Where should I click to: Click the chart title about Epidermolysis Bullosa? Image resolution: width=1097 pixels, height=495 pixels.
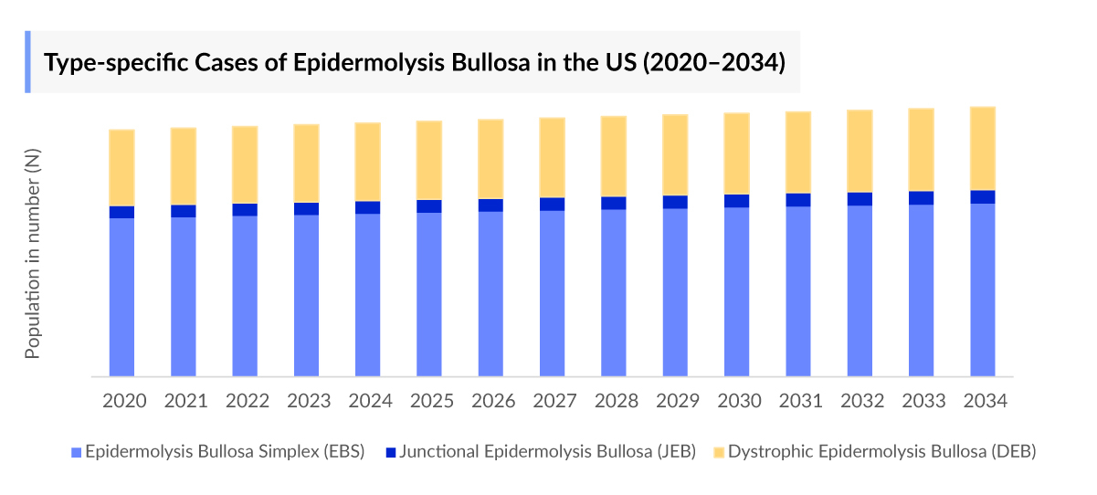415,62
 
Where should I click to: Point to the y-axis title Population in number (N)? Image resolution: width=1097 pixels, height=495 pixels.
33,256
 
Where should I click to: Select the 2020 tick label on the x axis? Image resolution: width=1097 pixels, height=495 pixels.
122,402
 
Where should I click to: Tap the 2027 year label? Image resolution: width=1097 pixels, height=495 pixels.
553,402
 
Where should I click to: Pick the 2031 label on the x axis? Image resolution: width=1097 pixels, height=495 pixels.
798,402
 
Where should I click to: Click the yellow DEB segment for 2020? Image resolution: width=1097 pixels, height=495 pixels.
122,168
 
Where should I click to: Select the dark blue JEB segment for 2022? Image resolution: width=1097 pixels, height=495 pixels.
245,209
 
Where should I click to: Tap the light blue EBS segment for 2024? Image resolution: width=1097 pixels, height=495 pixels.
368,294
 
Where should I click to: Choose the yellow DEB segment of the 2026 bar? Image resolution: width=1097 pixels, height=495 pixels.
490,159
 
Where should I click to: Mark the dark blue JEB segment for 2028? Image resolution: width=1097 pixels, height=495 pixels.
614,203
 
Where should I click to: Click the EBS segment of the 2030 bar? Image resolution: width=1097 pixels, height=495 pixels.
737,291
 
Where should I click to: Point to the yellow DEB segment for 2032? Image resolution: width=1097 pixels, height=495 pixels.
860,151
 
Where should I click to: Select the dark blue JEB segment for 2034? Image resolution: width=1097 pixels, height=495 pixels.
983,196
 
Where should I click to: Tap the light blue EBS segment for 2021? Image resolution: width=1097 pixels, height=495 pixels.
184,296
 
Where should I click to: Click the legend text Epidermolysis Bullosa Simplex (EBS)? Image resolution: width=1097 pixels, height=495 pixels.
225,452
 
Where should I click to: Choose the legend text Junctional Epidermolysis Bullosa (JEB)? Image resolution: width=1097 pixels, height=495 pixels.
548,452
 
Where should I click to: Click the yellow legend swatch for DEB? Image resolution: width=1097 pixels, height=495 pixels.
719,452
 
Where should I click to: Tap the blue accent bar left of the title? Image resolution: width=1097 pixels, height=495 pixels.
27,62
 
